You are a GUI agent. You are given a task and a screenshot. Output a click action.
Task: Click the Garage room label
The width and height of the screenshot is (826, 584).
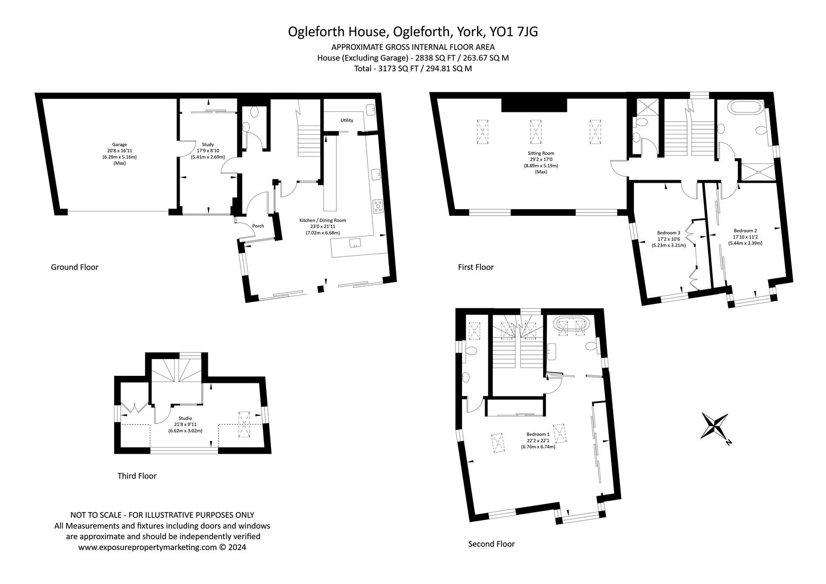coord(120,144)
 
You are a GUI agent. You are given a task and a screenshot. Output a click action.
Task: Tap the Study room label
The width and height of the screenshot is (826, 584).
coord(208,144)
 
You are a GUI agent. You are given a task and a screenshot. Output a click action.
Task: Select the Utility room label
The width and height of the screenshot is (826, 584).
coord(347,120)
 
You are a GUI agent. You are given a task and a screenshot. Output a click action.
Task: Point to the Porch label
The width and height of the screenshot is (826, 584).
coord(258,226)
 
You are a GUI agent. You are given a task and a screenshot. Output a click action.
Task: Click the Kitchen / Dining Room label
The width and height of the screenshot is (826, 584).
coord(322,220)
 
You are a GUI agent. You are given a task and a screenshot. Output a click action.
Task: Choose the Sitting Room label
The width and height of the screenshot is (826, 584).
coord(540,153)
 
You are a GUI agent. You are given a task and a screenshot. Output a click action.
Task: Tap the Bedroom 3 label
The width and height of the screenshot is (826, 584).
coord(669,233)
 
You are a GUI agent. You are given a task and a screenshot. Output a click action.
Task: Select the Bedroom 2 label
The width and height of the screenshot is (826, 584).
coord(745,231)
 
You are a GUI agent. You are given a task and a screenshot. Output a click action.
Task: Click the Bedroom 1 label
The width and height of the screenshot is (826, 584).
coord(538,434)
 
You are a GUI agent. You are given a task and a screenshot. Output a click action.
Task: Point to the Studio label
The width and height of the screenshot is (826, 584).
coord(185,418)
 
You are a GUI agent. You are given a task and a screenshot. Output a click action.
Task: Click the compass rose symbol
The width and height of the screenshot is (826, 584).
coord(715,426)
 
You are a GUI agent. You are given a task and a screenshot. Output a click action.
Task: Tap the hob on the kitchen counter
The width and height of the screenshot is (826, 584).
coord(377,206)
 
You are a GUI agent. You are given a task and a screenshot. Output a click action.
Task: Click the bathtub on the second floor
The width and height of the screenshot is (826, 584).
coord(571,323)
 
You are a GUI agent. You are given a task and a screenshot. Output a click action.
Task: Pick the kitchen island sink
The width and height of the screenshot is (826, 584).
coord(355,243)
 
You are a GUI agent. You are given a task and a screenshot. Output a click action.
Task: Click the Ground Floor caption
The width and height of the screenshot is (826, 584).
coord(75,267)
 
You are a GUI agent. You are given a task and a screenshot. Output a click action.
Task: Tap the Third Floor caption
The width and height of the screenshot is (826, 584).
coord(137,476)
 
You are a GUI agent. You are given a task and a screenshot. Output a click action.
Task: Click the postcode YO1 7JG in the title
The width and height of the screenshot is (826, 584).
coord(513,32)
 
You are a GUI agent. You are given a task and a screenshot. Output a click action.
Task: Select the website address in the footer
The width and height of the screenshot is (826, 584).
coord(148,547)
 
